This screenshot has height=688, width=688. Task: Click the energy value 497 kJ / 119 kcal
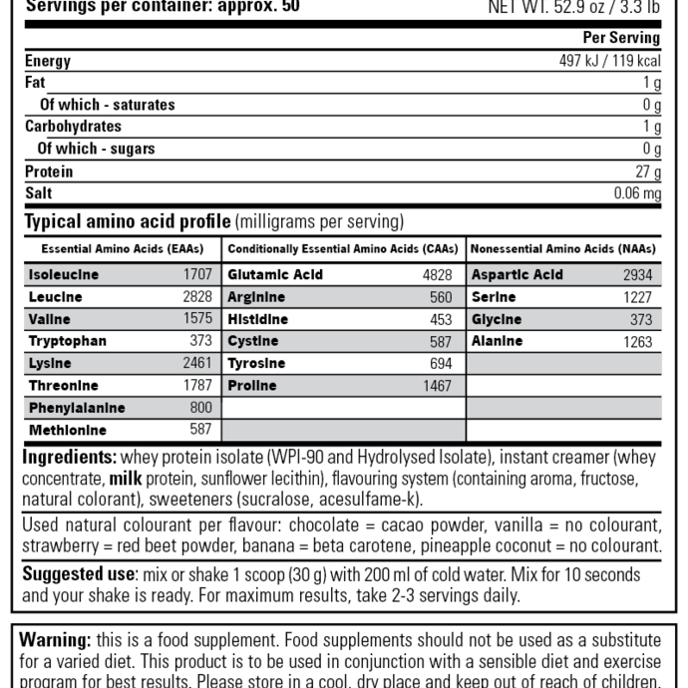tap(609, 61)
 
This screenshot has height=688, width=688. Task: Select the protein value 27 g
tap(648, 172)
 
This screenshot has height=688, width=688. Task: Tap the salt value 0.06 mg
tap(636, 193)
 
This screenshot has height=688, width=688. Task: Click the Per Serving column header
tap(621, 38)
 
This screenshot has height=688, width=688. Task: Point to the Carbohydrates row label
tap(73, 127)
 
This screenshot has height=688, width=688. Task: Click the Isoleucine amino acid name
tap(64, 275)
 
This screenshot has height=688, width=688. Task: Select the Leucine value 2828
tap(197, 297)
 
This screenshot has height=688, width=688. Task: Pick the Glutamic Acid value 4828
tap(437, 275)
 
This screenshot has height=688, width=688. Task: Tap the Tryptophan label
tap(67, 341)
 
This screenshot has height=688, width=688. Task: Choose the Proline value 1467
tap(437, 386)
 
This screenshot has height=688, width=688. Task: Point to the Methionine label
tap(67, 431)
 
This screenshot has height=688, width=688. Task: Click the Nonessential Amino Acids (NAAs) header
tap(563, 248)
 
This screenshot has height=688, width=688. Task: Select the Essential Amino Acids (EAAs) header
tap(122, 248)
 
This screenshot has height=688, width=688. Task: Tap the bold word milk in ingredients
tap(126, 478)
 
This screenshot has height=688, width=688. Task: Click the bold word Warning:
tap(56, 639)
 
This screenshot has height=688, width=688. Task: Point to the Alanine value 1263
tap(637, 342)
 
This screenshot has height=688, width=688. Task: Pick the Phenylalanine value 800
tap(201, 408)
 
